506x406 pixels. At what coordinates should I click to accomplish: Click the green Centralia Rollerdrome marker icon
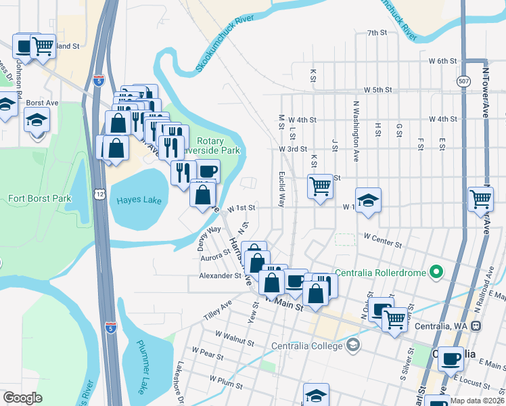pyautogui.click(x=436, y=273)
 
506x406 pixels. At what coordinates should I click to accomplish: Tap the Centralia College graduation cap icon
pyautogui.click(x=352, y=346)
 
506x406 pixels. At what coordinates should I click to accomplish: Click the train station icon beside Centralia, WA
pyautogui.click(x=476, y=325)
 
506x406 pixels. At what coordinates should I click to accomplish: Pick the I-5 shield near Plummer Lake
pyautogui.click(x=112, y=328)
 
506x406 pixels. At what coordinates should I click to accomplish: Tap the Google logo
pyautogui.click(x=22, y=398)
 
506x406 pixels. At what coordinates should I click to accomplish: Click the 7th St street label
pyautogui.click(x=376, y=32)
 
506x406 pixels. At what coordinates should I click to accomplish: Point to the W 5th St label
pyautogui.click(x=377, y=89)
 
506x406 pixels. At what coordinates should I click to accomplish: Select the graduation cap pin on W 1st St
pyautogui.click(x=368, y=200)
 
